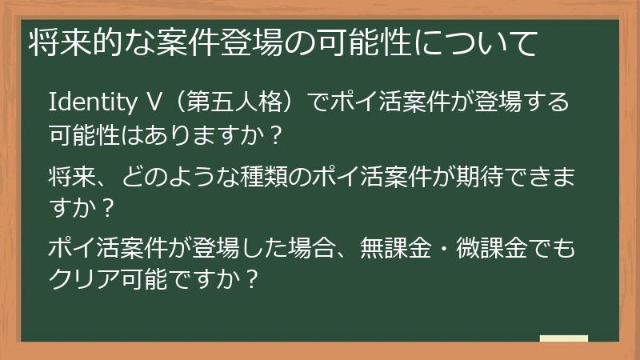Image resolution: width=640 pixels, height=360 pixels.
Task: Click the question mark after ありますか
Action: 274,135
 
